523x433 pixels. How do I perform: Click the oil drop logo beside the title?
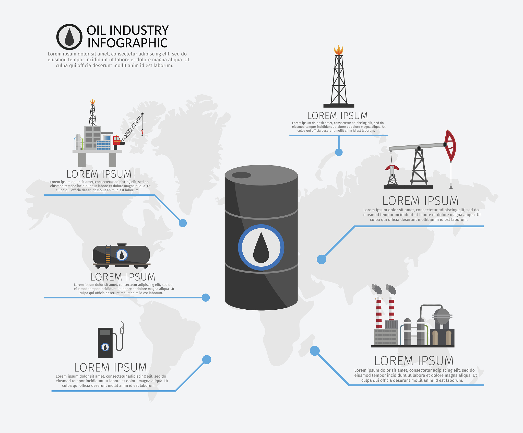69,37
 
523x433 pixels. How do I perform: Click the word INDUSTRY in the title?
139,30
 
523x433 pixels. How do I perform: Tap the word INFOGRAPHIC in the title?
127,43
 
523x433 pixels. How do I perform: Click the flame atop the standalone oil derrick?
339,50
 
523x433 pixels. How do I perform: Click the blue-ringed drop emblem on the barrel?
261,247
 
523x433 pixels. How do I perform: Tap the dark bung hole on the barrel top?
241,175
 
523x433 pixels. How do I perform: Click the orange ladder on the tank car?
108,254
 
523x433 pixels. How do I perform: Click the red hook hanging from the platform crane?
142,132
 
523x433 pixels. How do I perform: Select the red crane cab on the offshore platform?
117,140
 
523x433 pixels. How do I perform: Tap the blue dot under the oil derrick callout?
339,152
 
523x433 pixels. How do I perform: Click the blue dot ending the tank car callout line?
206,298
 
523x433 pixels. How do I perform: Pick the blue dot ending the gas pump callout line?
207,360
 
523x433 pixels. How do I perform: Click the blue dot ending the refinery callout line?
315,351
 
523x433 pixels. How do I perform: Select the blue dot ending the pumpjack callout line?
321,259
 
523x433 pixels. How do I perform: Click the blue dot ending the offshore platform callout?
183,223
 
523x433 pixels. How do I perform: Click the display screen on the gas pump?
105,332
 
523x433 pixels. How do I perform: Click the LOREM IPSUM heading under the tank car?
123,277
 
